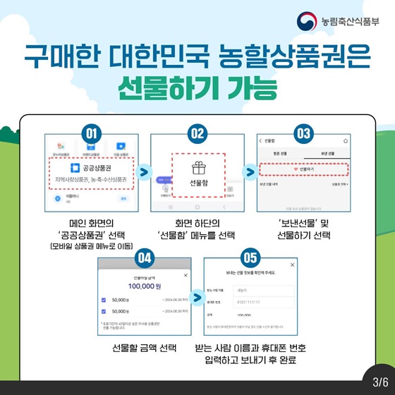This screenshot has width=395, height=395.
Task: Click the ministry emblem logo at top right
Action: point(305,22)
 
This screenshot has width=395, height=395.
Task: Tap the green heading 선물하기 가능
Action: point(197,90)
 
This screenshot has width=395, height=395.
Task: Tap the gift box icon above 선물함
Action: point(197,168)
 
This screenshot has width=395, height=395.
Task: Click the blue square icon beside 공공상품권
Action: point(75,169)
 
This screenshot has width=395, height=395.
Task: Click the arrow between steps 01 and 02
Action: point(144,171)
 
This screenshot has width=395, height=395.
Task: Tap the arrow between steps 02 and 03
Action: point(250,171)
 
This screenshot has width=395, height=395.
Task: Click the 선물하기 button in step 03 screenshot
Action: point(303,169)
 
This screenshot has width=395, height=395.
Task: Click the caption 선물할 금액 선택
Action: point(145,348)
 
